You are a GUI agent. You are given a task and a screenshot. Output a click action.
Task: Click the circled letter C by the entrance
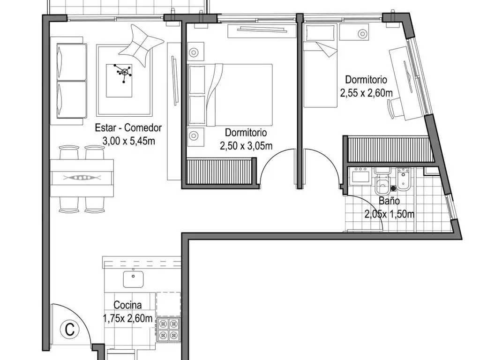70,329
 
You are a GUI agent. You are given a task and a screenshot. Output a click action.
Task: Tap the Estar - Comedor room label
128,127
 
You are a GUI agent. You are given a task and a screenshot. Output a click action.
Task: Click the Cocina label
127,307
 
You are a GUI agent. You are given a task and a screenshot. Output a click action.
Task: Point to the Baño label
389,201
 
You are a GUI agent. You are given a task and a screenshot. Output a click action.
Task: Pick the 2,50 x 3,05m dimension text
246,146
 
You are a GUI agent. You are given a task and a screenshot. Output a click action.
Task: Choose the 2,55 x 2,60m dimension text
366,92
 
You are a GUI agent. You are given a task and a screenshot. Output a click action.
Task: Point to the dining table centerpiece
82,178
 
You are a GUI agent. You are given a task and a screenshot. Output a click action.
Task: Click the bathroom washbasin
362,176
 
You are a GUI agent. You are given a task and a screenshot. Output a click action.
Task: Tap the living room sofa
71,81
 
